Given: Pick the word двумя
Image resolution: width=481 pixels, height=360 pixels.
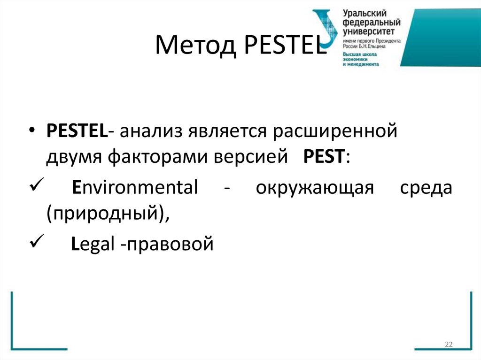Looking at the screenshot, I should (x=75, y=158).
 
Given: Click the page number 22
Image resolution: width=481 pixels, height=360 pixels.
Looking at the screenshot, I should (x=448, y=345).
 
